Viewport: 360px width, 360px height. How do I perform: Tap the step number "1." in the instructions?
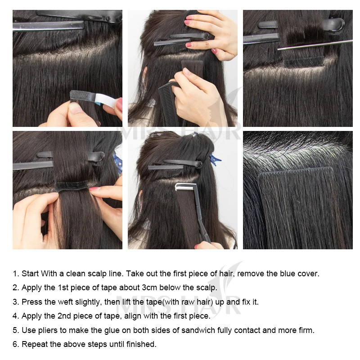pyautogui.click(x=16, y=274)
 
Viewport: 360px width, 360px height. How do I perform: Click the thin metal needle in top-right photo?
pyautogui.click(x=315, y=44)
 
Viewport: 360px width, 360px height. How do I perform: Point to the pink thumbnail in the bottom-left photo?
pyautogui.click(x=95, y=189)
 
